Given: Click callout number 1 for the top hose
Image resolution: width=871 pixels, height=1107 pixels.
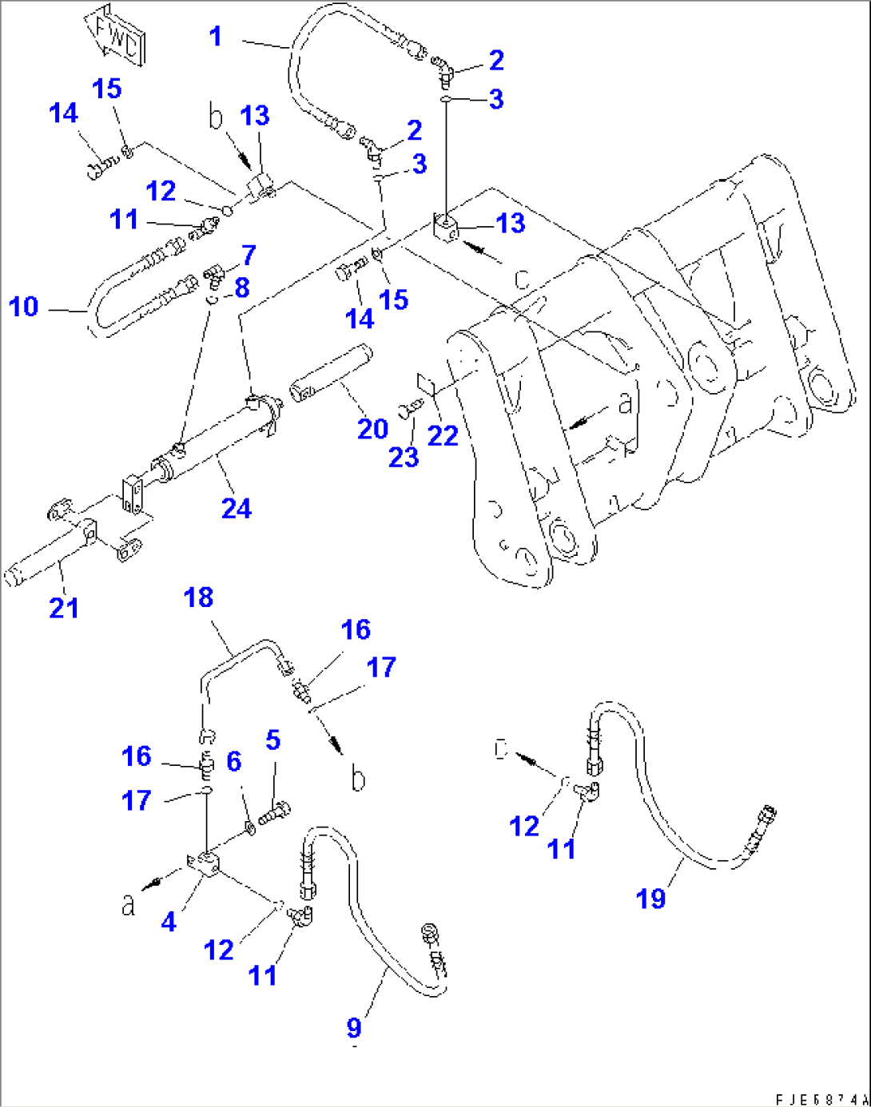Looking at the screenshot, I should pyautogui.click(x=215, y=37).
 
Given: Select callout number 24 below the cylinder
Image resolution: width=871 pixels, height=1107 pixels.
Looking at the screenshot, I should pyautogui.click(x=237, y=508).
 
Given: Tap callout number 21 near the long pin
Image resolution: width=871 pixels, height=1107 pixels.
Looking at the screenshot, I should pyautogui.click(x=64, y=607).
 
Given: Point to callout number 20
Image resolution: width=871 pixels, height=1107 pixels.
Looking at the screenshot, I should pyautogui.click(x=372, y=429).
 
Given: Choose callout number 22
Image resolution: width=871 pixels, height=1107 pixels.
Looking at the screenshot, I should pyautogui.click(x=443, y=435).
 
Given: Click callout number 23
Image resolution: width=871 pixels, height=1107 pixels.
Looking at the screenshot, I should pyautogui.click(x=404, y=457).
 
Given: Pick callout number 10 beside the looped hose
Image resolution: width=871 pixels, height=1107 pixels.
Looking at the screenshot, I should pyautogui.click(x=23, y=306).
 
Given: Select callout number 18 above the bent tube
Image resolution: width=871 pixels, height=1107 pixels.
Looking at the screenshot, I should pyautogui.click(x=198, y=597).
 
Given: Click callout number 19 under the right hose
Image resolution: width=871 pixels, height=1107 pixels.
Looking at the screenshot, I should pyautogui.click(x=650, y=899).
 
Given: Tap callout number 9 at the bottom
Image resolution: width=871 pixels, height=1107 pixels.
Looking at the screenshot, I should pyautogui.click(x=354, y=1028).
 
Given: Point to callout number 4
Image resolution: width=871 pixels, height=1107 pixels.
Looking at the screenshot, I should pyautogui.click(x=169, y=922).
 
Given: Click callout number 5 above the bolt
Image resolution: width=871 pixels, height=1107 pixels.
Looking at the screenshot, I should pyautogui.click(x=273, y=740).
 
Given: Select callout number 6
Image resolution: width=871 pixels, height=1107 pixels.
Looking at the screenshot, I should pyautogui.click(x=233, y=761).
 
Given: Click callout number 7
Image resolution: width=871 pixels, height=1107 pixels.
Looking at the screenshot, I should pyautogui.click(x=249, y=255).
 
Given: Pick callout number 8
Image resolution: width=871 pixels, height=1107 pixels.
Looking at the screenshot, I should pyautogui.click(x=242, y=288).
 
